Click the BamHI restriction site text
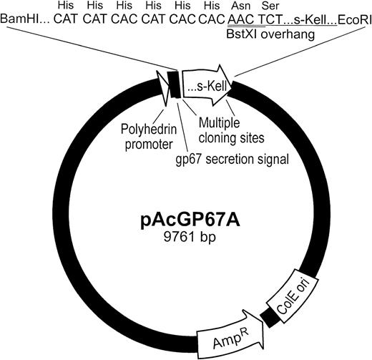[x=24, y=19]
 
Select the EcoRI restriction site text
[x=349, y=19]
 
